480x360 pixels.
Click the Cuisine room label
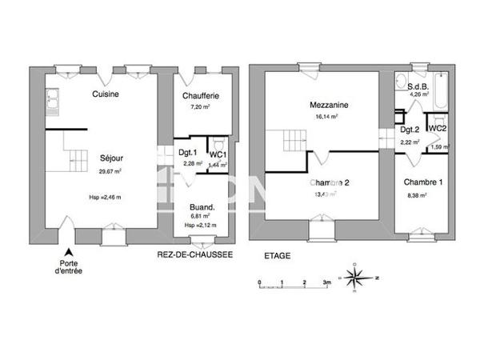click(106, 94)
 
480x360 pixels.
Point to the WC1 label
click(218, 154)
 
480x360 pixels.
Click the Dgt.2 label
click(410, 130)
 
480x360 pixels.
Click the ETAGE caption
click(279, 256)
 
